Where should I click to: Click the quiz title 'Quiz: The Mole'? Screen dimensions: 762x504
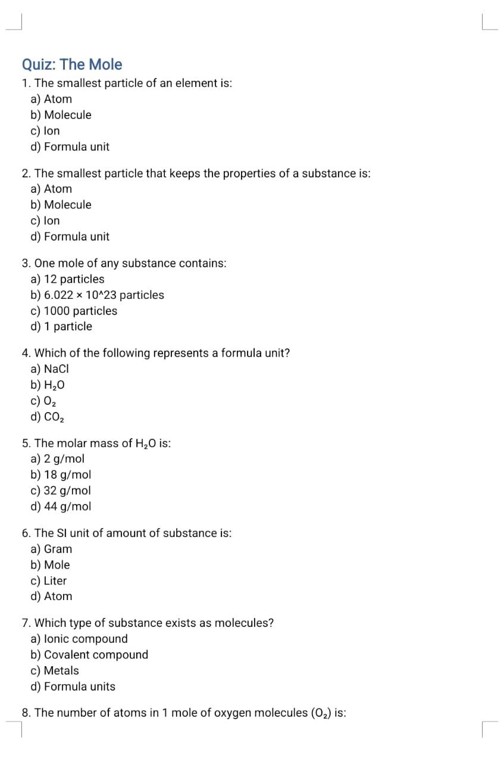72,64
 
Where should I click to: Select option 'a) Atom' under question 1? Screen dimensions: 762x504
51,99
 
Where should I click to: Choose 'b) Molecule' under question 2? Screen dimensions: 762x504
61,205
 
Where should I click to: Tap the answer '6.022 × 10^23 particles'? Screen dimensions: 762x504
97,295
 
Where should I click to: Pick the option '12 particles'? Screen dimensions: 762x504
67,279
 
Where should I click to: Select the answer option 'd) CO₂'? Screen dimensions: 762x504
48,417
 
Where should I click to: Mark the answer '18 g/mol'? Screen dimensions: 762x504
61,474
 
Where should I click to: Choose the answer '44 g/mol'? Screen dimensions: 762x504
61,507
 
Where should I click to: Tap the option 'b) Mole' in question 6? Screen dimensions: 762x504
50,564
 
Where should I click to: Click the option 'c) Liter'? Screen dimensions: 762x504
48,580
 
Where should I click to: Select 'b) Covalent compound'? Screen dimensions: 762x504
89,655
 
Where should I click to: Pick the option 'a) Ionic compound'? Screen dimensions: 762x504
79,639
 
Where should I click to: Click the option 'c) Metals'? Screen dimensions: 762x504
54,670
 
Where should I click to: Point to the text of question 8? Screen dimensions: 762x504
184,713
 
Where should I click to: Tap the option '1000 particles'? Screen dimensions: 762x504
74,311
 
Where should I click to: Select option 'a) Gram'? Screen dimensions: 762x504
51,549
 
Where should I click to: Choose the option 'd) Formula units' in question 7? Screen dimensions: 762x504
73,686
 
